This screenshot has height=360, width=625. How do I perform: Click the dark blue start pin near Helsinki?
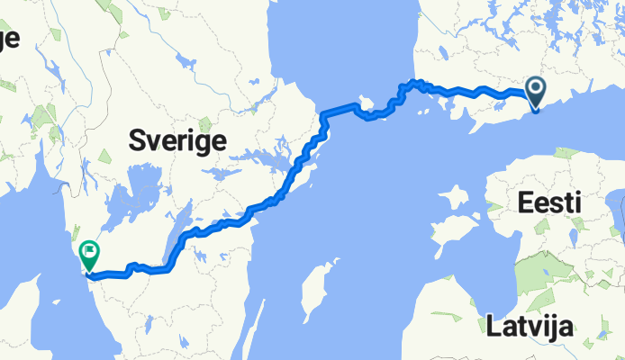point(535,91)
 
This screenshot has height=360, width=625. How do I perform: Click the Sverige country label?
point(177,141)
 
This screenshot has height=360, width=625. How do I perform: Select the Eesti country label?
point(549,203)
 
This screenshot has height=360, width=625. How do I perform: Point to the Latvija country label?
point(529,326)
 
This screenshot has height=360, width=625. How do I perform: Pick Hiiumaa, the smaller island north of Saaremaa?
point(455,196)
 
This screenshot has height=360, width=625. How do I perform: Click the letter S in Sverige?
point(137,141)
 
